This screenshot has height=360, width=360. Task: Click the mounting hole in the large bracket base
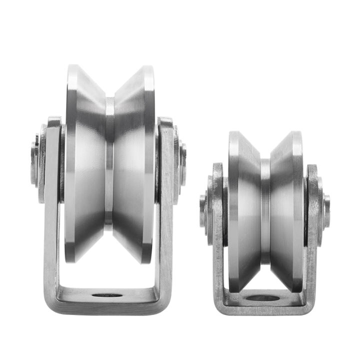[107, 295]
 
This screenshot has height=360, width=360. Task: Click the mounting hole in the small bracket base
[264, 298]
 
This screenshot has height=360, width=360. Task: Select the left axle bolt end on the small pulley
[202, 203]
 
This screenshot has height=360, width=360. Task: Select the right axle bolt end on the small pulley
[326, 204]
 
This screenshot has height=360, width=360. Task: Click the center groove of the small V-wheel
[265, 210]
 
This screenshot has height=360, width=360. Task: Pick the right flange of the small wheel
[297, 210]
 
